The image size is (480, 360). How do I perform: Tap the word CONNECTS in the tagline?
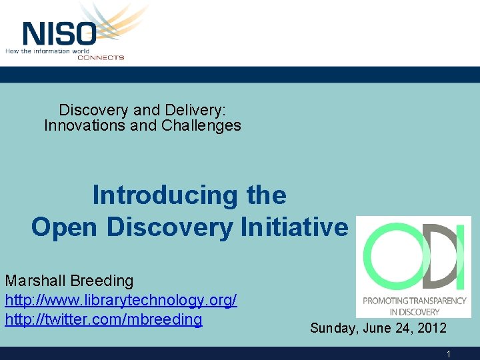click(x=101, y=57)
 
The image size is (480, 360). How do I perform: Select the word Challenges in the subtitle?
click(x=206, y=125)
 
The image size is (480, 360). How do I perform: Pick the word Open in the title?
click(x=65, y=227)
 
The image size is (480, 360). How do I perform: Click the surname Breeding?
click(x=100, y=281)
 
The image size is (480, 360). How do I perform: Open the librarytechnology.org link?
click(x=121, y=300)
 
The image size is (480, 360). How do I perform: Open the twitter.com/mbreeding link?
click(x=103, y=319)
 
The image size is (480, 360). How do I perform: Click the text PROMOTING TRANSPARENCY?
click(x=414, y=301)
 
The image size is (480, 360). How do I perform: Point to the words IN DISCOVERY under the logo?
click(x=414, y=311)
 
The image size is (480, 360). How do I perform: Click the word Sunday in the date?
click(x=333, y=329)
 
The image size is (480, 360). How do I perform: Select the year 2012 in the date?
click(x=431, y=329)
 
